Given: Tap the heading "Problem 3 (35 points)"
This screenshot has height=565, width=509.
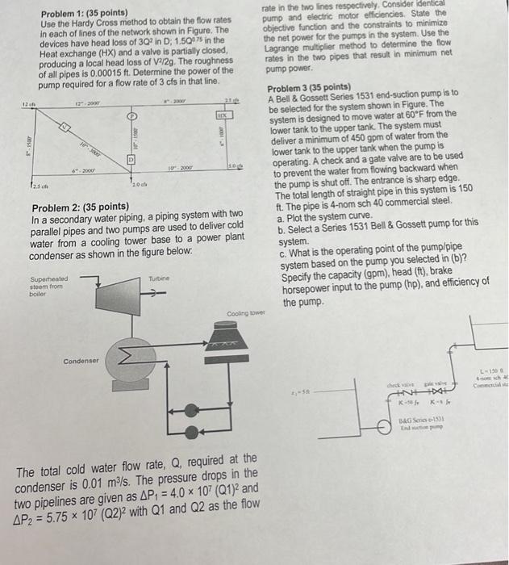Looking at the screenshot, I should [x=308, y=86].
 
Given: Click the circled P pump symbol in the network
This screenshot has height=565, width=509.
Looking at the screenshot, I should [x=129, y=118].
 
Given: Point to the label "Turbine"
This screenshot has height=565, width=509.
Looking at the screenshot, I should [x=158, y=278].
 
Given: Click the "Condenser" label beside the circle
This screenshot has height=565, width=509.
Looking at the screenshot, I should [x=80, y=361].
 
